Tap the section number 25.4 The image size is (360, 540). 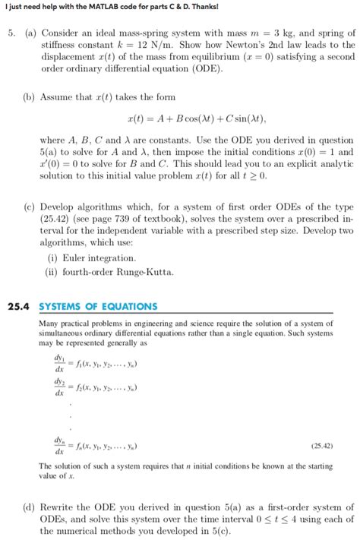pyautogui.click(x=18, y=307)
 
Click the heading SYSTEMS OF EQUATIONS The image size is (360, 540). pyautogui.click(x=98, y=307)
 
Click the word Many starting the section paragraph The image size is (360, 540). pyautogui.click(x=47, y=324)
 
